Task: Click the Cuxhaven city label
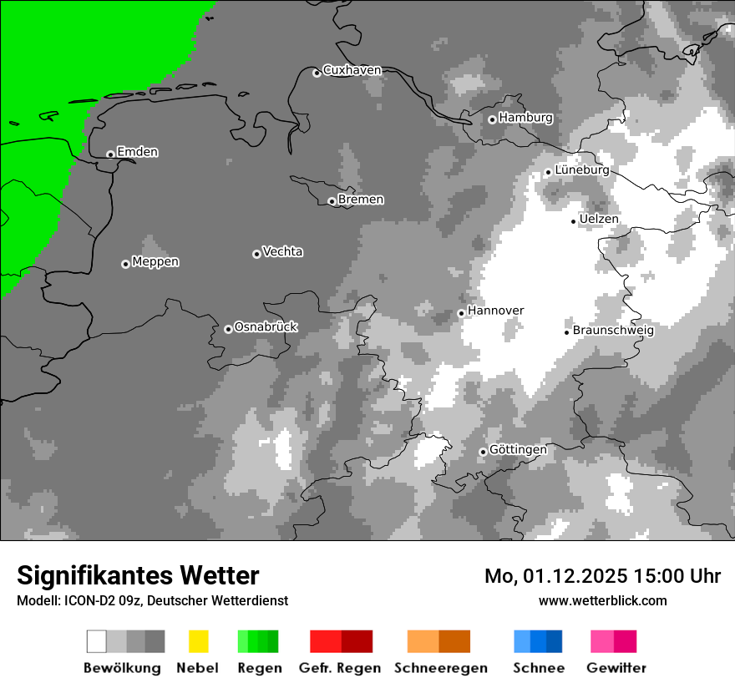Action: pyautogui.click(x=352, y=70)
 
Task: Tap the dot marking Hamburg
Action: pyautogui.click(x=492, y=119)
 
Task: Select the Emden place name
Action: pyautogui.click(x=138, y=152)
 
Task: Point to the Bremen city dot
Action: pyautogui.click(x=332, y=201)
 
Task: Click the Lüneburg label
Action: pyautogui.click(x=582, y=169)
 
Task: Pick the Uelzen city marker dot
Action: pyautogui.click(x=573, y=221)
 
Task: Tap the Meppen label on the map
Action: pyautogui.click(x=155, y=262)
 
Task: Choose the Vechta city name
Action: pyautogui.click(x=282, y=251)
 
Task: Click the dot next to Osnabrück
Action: pyautogui.click(x=228, y=329)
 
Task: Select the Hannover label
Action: pyautogui.click(x=496, y=311)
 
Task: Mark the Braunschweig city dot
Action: pyautogui.click(x=566, y=332)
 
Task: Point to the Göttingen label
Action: pyautogui.click(x=518, y=450)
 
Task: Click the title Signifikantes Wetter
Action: pyautogui.click(x=138, y=576)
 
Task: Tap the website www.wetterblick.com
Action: pyautogui.click(x=603, y=600)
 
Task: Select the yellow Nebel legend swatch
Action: pyautogui.click(x=198, y=641)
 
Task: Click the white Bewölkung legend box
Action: pyautogui.click(x=97, y=641)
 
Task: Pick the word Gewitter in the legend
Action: pyautogui.click(x=616, y=668)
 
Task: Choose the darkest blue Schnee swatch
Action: pyautogui.click(x=555, y=641)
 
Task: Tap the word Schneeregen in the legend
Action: pyautogui.click(x=441, y=668)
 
